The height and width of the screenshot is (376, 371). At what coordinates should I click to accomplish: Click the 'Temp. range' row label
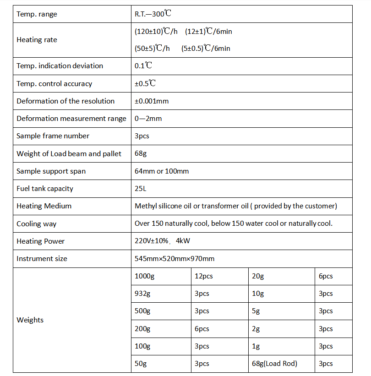pyautogui.click(x=37, y=14)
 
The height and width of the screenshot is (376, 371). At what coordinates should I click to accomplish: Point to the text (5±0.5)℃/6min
pyautogui.click(x=206, y=48)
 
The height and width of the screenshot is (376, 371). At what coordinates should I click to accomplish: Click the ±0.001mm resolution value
pyautogui.click(x=152, y=101)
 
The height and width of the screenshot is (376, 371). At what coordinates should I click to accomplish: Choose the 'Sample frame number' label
pyautogui.click(x=53, y=136)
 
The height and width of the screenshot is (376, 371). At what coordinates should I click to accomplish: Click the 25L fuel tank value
pyautogui.click(x=140, y=189)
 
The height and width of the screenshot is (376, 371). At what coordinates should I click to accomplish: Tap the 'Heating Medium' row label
pyautogui.click(x=44, y=206)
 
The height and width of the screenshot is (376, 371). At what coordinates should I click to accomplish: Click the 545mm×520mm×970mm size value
pyautogui.click(x=175, y=259)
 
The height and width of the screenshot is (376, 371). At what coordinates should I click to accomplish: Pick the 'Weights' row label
pyautogui.click(x=30, y=320)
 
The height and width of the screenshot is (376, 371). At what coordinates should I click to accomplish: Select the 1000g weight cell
pyautogui.click(x=144, y=276)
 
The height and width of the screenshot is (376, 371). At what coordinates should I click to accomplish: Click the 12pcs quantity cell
pyautogui.click(x=204, y=276)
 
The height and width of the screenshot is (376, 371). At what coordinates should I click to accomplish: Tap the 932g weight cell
pyautogui.click(x=142, y=294)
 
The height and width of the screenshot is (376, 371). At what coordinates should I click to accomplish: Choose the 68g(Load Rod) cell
pyautogui.click(x=274, y=364)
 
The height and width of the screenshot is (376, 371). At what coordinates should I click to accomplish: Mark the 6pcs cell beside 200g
pyautogui.click(x=202, y=329)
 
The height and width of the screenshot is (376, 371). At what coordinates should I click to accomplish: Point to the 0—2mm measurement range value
pyautogui.click(x=148, y=119)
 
